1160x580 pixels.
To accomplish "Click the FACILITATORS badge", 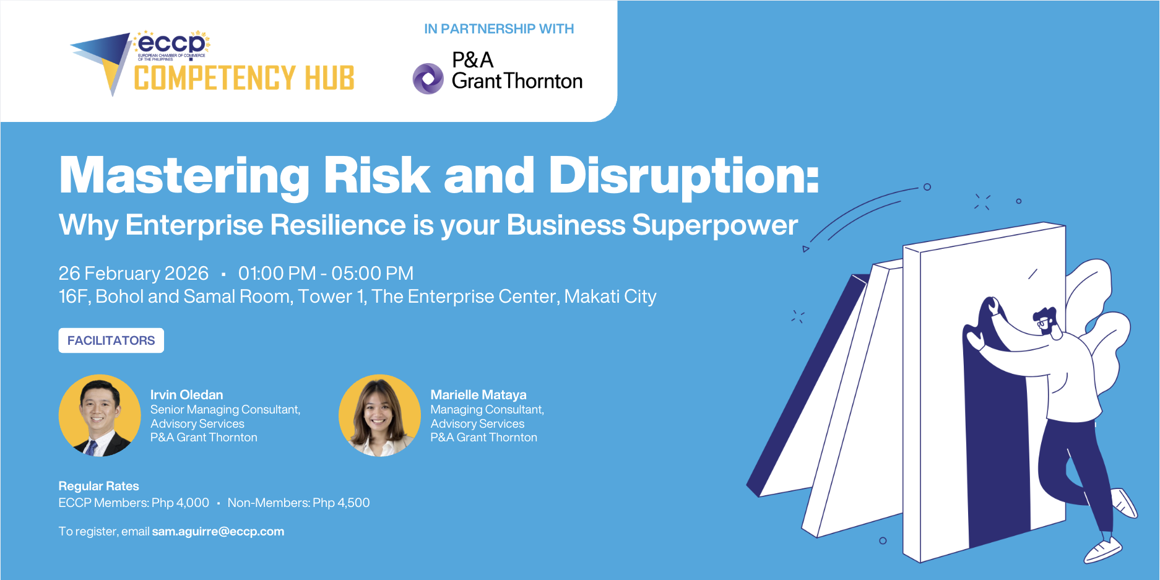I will pos(111,340).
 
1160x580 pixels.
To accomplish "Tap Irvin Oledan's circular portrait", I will pos(100,415).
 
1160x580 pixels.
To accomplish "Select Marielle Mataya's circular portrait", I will pos(379,415).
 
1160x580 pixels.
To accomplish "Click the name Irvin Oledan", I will pos(186,395).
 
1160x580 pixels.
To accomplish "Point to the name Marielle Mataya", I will pos(478,395).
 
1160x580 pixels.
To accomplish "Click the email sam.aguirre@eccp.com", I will pos(218,532).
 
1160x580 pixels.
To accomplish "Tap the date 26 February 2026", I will pos(133,274).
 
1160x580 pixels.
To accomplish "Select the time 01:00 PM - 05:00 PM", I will pos(326,274).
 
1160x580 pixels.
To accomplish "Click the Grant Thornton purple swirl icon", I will pos(428,79).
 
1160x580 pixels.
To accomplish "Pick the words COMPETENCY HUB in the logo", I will pos(244,79).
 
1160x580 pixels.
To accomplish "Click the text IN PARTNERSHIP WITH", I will pos(499,29).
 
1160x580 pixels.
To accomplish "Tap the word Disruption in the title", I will pos(683,176).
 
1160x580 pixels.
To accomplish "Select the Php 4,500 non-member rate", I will pos(341,503).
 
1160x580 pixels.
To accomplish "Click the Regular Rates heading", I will pos(98,486).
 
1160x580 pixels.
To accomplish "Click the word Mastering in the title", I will pos(184,176).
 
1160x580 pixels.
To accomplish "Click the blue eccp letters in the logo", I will pos(171,43).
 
